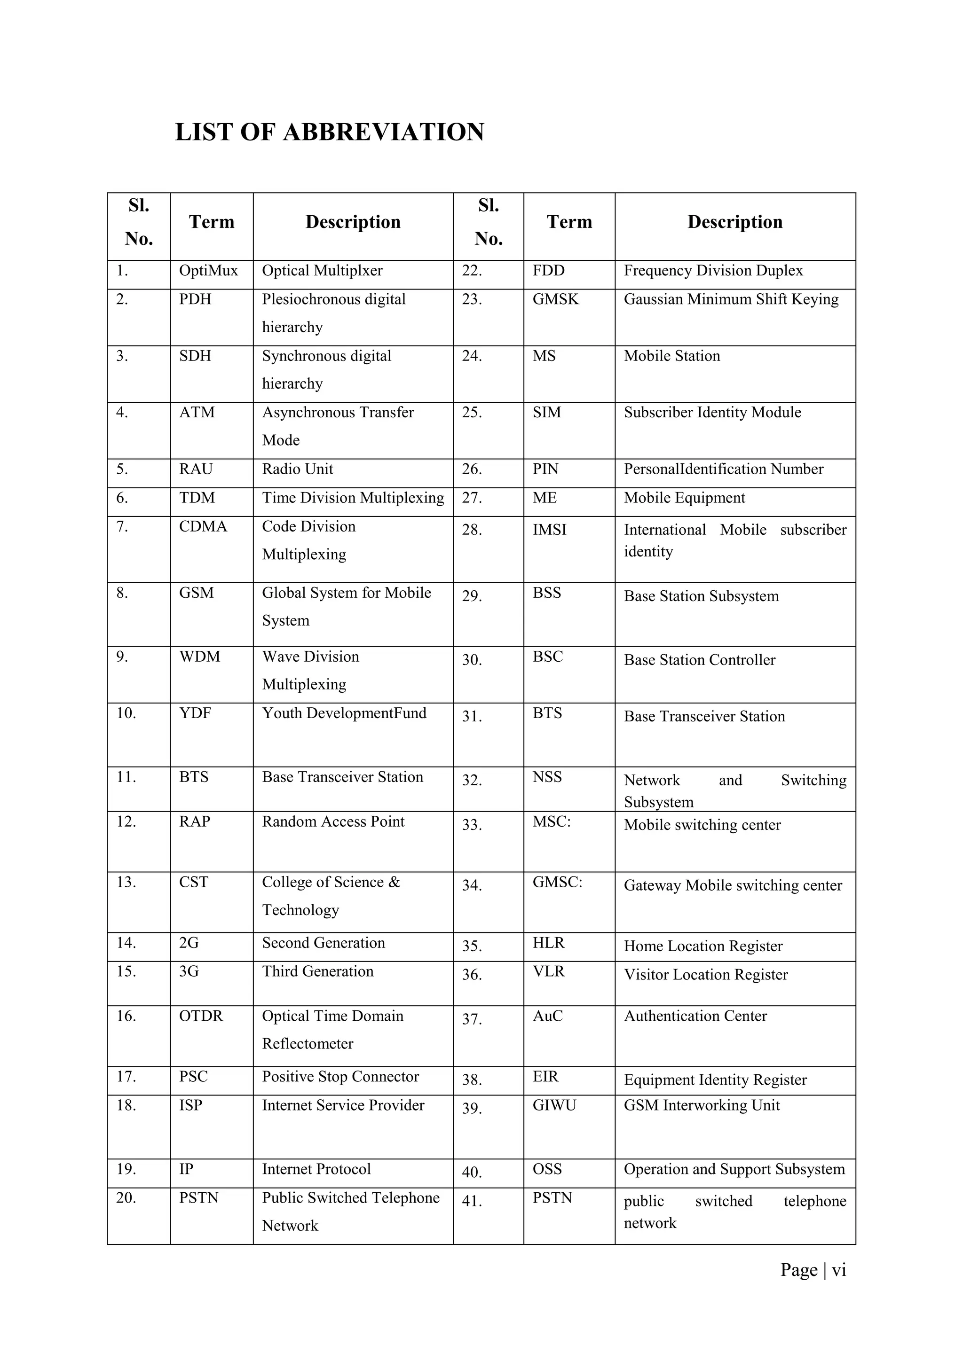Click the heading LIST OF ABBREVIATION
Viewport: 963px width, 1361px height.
click(330, 132)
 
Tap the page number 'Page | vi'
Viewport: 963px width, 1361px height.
click(813, 1270)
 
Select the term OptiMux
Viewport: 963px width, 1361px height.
click(208, 271)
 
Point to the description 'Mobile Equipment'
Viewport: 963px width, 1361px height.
click(684, 498)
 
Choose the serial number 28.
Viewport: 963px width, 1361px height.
click(472, 530)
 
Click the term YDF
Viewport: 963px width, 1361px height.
click(195, 713)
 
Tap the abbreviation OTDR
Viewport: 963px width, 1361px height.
click(201, 1016)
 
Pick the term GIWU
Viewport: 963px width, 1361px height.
click(554, 1105)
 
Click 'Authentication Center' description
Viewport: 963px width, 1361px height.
click(695, 1016)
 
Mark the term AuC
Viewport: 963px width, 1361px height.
click(547, 1016)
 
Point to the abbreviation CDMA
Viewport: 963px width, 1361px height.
click(203, 526)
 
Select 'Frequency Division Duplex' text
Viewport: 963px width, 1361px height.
click(713, 271)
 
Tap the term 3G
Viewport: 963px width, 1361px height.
click(189, 971)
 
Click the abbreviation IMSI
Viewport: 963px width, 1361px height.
click(549, 530)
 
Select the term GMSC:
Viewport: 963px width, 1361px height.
click(557, 882)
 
